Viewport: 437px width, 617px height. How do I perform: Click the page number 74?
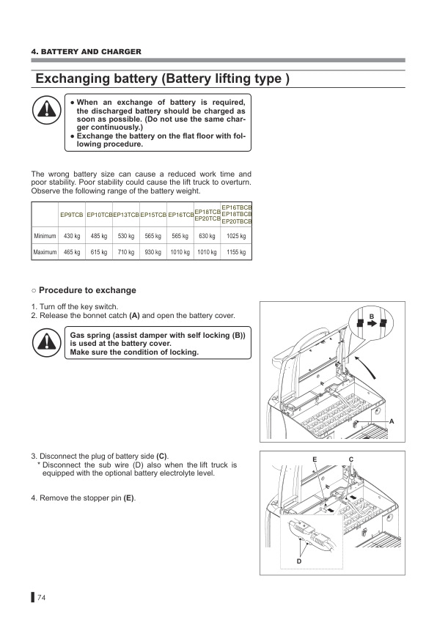[x=41, y=598]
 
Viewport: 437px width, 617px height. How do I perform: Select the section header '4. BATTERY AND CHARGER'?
[x=87, y=51]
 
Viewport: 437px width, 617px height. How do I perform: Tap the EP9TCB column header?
[x=72, y=215]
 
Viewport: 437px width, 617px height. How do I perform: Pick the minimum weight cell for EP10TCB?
[x=99, y=236]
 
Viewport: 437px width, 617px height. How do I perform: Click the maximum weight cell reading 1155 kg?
[x=236, y=252]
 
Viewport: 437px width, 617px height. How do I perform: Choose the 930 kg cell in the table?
[x=153, y=252]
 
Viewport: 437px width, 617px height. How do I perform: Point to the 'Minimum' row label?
[x=45, y=236]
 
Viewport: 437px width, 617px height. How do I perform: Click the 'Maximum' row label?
[x=45, y=252]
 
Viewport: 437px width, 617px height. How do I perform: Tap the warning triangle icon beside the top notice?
[x=46, y=108]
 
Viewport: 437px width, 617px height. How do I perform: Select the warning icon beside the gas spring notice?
[x=46, y=342]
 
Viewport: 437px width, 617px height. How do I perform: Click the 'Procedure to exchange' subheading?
[x=84, y=290]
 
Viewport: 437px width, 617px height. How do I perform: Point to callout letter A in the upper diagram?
[x=392, y=421]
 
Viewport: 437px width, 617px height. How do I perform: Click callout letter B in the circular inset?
[x=371, y=317]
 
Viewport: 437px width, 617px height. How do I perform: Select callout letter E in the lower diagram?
[x=315, y=459]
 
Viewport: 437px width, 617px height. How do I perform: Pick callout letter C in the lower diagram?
[x=351, y=459]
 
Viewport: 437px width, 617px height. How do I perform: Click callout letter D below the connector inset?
[x=299, y=561]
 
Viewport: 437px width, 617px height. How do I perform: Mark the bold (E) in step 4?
[x=129, y=498]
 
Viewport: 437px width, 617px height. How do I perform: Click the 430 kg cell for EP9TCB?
[x=72, y=236]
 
